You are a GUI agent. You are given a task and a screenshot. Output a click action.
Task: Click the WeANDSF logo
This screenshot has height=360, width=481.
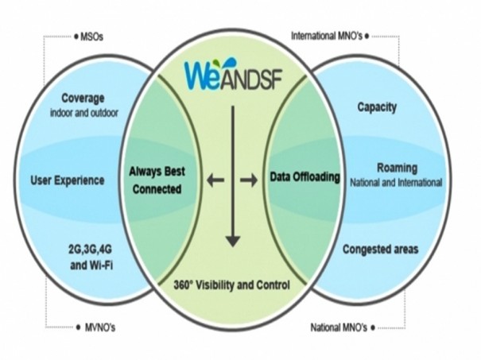coord(233,75)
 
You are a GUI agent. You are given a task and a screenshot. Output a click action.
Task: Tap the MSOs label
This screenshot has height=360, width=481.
coord(91,37)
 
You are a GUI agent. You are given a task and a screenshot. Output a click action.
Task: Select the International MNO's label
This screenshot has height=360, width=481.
coord(327,37)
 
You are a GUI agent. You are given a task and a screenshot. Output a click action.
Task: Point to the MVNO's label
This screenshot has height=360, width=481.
coord(100,327)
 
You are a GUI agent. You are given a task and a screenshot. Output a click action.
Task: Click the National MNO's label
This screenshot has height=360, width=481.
coord(339,327)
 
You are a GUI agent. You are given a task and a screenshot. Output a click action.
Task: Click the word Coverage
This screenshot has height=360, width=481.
coord(83,99)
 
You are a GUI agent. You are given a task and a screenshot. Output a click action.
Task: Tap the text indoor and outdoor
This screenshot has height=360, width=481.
coord(84,113)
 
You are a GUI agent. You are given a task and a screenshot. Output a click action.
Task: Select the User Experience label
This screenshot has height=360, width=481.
coord(68,180)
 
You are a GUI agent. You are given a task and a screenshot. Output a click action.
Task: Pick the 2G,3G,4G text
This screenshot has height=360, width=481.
coord(90,249)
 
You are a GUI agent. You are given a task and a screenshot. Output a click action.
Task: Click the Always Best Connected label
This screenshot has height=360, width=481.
coord(157,180)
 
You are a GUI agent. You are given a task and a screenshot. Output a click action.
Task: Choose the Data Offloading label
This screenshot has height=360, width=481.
coord(305,177)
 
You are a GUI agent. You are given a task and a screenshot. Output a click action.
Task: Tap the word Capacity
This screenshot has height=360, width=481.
coord(377,107)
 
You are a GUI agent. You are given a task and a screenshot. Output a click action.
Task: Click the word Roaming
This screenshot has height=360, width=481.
coord(398,168)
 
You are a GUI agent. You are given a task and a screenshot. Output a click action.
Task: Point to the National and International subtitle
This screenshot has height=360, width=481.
coord(396,183)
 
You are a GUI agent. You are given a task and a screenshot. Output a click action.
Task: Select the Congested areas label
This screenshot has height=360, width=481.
coord(380,249)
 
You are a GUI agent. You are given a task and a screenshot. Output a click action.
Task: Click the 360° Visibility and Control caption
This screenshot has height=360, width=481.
coord(231,285)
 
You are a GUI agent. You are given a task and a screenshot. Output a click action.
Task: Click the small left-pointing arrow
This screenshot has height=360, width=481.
coord(215,180)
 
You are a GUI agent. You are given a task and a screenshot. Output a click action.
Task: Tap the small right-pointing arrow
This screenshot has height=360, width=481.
coord(249,180)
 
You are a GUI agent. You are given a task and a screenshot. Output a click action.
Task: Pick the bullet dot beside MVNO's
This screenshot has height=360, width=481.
coord(79,327)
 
